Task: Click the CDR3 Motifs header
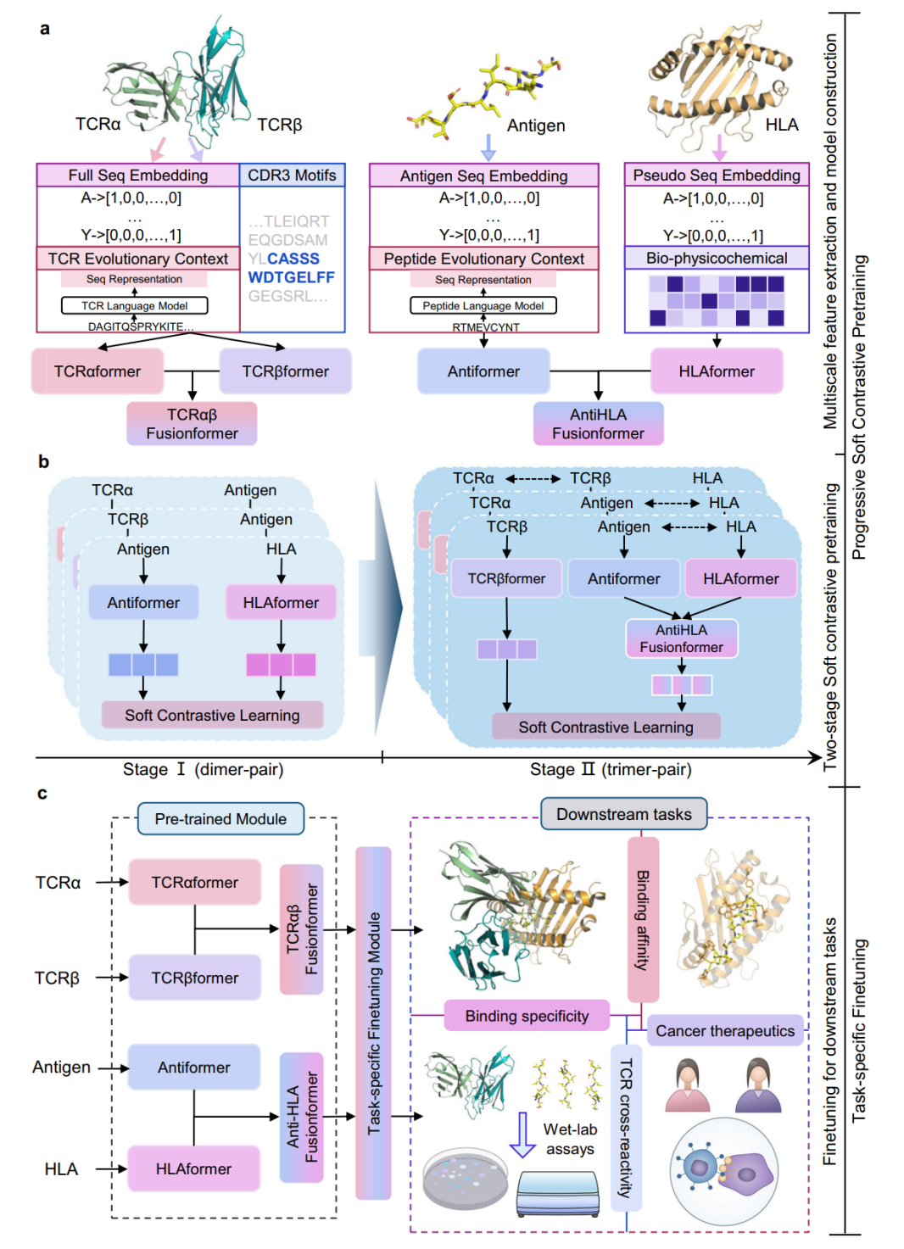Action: point(292,175)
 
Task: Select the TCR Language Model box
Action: point(134,305)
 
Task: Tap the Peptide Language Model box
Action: point(483,305)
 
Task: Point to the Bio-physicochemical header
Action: point(717,258)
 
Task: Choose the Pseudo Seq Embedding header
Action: point(717,175)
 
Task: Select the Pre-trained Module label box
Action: point(220,818)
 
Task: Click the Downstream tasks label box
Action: point(624,814)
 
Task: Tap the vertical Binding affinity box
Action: point(643,921)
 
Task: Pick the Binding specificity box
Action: point(527,1016)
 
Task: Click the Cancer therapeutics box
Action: point(725,1030)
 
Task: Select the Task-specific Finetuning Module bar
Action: point(374,1023)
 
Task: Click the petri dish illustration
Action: point(465,1178)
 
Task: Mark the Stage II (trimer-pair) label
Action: point(611,769)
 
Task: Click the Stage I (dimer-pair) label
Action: point(203,769)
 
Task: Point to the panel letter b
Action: point(43,461)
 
